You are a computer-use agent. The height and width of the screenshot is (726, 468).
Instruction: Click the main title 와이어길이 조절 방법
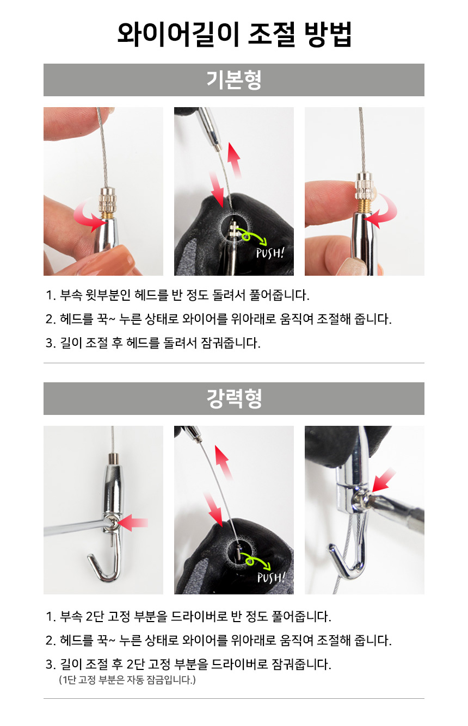pyautogui.click(x=234, y=35)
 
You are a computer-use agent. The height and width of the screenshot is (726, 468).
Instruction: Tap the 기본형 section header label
pyautogui.click(x=234, y=80)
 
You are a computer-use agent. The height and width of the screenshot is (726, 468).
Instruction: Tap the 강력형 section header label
pyautogui.click(x=234, y=399)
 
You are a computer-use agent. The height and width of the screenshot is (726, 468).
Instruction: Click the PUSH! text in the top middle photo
pyautogui.click(x=270, y=253)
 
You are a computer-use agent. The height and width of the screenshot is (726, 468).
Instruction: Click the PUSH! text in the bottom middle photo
pyautogui.click(x=271, y=577)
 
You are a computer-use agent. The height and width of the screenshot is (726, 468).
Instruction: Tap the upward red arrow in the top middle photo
pyautogui.click(x=235, y=160)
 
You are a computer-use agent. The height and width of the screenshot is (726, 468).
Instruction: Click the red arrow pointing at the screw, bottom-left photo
pyautogui.click(x=133, y=523)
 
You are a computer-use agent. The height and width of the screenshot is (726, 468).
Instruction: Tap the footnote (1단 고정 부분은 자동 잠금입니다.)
pyautogui.click(x=127, y=679)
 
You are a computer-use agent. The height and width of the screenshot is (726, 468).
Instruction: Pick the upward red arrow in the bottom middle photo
pyautogui.click(x=224, y=462)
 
